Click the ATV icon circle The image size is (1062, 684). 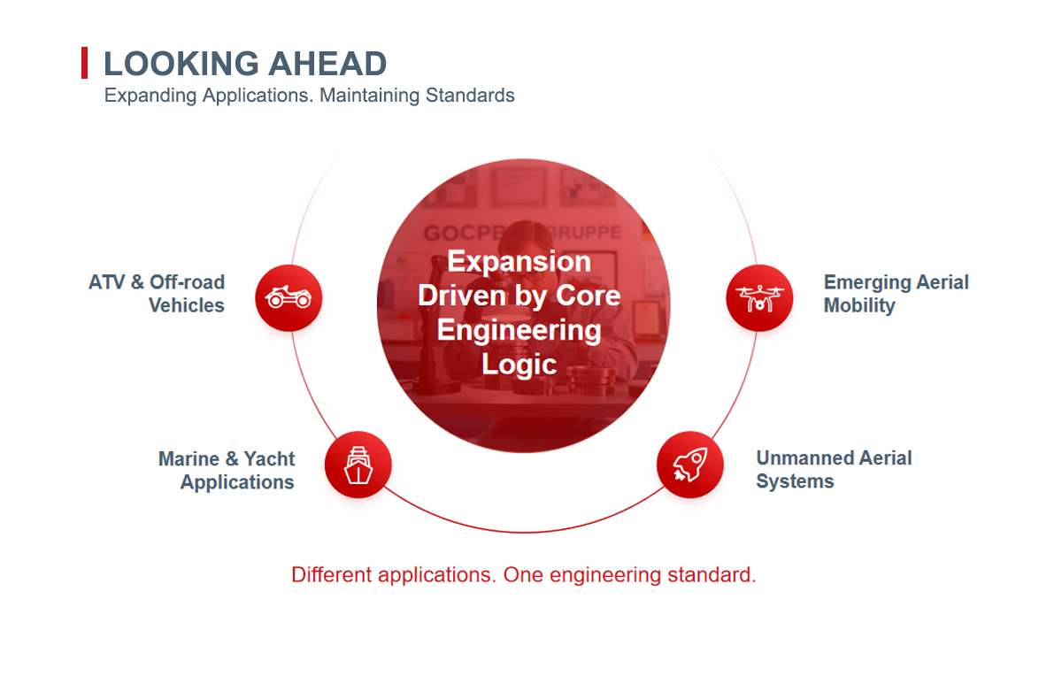point(289,297)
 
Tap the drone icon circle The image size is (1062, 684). point(759,297)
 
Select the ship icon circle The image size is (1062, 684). point(358,465)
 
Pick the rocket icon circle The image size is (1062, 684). point(690,465)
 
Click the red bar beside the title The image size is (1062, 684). point(84,63)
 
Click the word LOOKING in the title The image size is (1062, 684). point(181,64)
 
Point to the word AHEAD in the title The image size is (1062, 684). point(327,64)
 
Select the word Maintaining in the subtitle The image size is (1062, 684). point(369,96)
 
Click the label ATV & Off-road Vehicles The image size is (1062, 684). point(157,294)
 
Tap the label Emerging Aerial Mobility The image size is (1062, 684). point(896,294)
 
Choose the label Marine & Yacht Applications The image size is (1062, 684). point(227,470)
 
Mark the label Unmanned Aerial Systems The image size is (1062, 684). point(834,469)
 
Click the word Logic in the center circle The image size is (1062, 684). point(519,364)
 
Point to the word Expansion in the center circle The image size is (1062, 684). point(519,261)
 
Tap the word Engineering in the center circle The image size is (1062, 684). point(519,330)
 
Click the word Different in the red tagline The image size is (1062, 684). point(331,575)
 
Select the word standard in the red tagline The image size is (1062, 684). point(712,575)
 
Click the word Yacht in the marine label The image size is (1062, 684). point(269,459)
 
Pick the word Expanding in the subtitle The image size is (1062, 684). point(150,96)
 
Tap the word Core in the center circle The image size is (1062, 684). point(588,296)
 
